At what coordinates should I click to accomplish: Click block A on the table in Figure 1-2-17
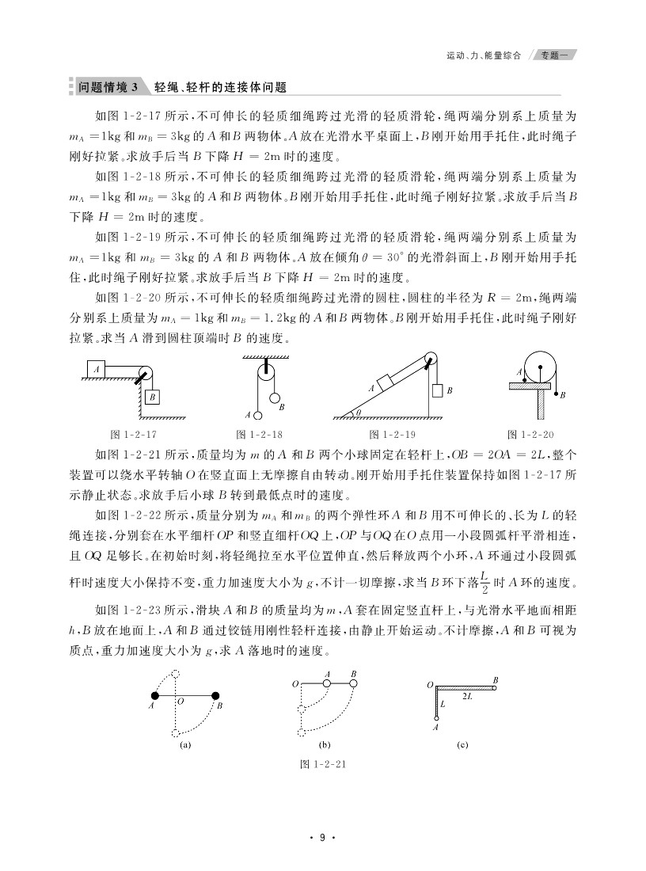(97, 369)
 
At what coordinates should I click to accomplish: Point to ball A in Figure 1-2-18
(258, 415)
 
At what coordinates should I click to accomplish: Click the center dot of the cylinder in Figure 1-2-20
(540, 367)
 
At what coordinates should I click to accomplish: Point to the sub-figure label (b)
(324, 745)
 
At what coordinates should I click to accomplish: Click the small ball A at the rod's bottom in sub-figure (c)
(435, 718)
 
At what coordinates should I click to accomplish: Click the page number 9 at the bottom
(323, 838)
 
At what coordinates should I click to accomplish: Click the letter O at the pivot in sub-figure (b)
(294, 683)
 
